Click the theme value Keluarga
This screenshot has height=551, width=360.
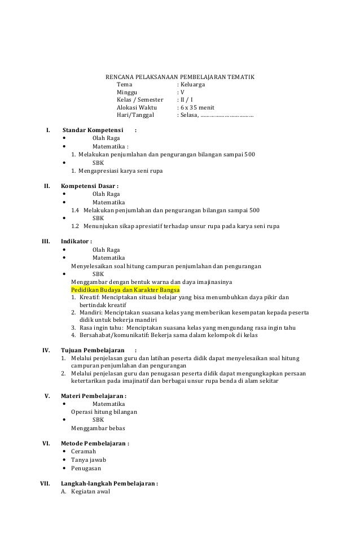click(192, 84)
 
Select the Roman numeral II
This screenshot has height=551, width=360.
click(48, 186)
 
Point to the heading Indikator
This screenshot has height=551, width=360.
click(77, 242)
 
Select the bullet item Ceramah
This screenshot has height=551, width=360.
click(84, 452)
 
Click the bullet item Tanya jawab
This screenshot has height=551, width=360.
click(88, 460)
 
